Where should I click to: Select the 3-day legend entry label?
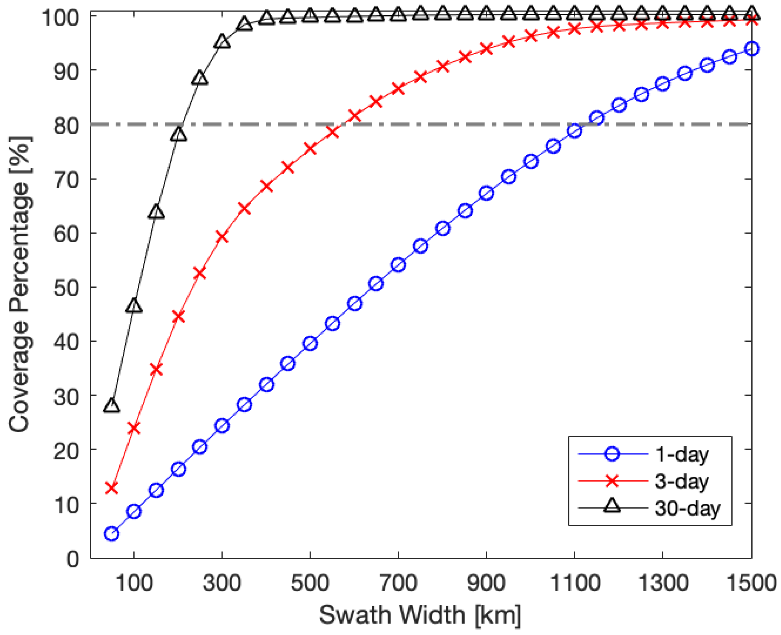[681, 481]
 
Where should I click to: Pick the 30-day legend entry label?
[687, 508]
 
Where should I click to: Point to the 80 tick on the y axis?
[66, 125]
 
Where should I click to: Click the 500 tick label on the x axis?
[310, 583]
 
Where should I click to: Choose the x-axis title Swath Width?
[420, 615]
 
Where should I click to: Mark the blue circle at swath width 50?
[112, 534]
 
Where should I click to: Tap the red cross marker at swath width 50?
[112, 488]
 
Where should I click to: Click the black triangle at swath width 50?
[112, 406]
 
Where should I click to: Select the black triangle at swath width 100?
[134, 306]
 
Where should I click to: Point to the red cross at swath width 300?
[222, 237]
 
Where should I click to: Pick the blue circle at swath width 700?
[398, 265]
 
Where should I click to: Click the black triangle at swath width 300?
[222, 42]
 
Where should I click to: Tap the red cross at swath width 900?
[486, 49]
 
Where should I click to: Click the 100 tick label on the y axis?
[60, 17]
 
